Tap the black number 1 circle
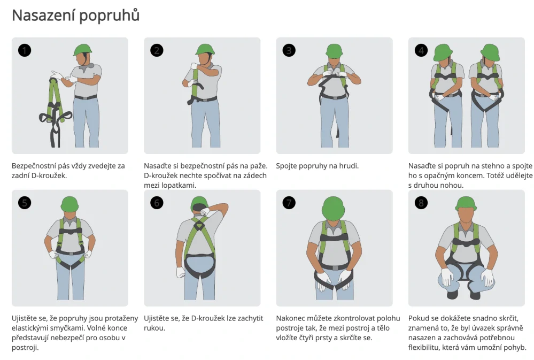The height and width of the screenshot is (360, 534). point(25,50)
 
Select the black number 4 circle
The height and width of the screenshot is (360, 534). point(421,50)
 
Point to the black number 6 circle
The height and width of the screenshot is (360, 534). point(157,203)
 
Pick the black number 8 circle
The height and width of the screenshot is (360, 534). point(421,203)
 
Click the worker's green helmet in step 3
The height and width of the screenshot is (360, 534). point(334,51)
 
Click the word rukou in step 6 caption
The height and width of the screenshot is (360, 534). point(154,328)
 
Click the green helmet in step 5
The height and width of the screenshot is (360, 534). point(70,204)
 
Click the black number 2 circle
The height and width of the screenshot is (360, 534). point(157,50)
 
